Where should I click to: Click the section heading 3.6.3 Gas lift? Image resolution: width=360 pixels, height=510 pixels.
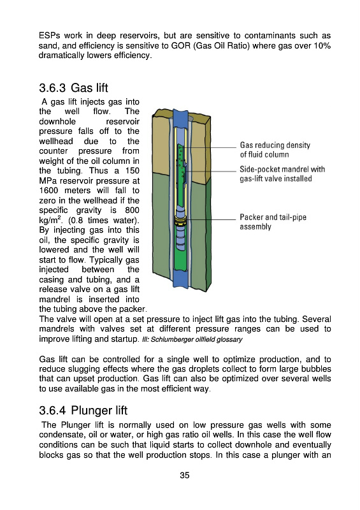pyautogui.click(x=73, y=88)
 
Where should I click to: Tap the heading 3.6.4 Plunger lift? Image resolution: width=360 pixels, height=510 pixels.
pyautogui.click(x=83, y=411)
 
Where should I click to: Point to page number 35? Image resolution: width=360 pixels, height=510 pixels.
pyautogui.click(x=185, y=475)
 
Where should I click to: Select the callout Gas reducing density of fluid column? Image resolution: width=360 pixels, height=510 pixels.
pyautogui.click(x=275, y=150)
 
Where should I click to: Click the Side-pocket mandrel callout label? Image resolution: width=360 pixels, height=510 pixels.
pyautogui.click(x=282, y=174)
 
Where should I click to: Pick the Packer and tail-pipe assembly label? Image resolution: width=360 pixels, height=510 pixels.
pyautogui.click(x=273, y=222)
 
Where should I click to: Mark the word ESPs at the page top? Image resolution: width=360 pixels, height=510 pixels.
pyautogui.click(x=49, y=36)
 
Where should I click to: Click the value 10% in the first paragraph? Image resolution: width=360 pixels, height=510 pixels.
pyautogui.click(x=322, y=45)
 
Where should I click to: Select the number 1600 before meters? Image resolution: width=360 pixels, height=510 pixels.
pyautogui.click(x=48, y=191)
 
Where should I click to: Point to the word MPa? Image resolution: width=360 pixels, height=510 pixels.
pyautogui.click(x=48, y=181)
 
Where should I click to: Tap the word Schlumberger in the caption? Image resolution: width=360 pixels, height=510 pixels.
pyautogui.click(x=173, y=340)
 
